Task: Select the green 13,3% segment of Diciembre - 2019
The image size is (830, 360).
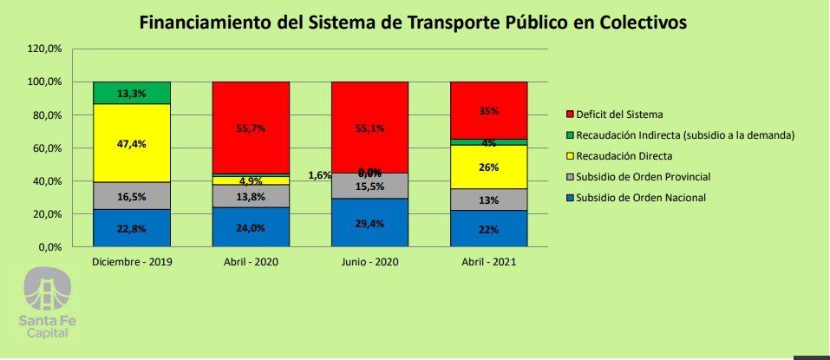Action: click(x=131, y=92)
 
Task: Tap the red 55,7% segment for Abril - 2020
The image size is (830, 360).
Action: click(x=251, y=128)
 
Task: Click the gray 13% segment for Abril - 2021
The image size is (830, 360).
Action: click(x=488, y=200)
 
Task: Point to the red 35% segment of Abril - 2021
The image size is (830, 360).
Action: click(x=488, y=110)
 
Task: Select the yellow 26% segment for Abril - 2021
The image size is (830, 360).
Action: click(x=488, y=167)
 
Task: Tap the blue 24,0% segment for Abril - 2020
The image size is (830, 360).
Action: click(x=251, y=227)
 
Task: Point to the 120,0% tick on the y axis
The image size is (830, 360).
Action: click(x=44, y=49)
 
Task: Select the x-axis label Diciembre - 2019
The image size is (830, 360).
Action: click(x=131, y=261)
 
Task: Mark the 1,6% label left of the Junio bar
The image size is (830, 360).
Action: click(x=319, y=175)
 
